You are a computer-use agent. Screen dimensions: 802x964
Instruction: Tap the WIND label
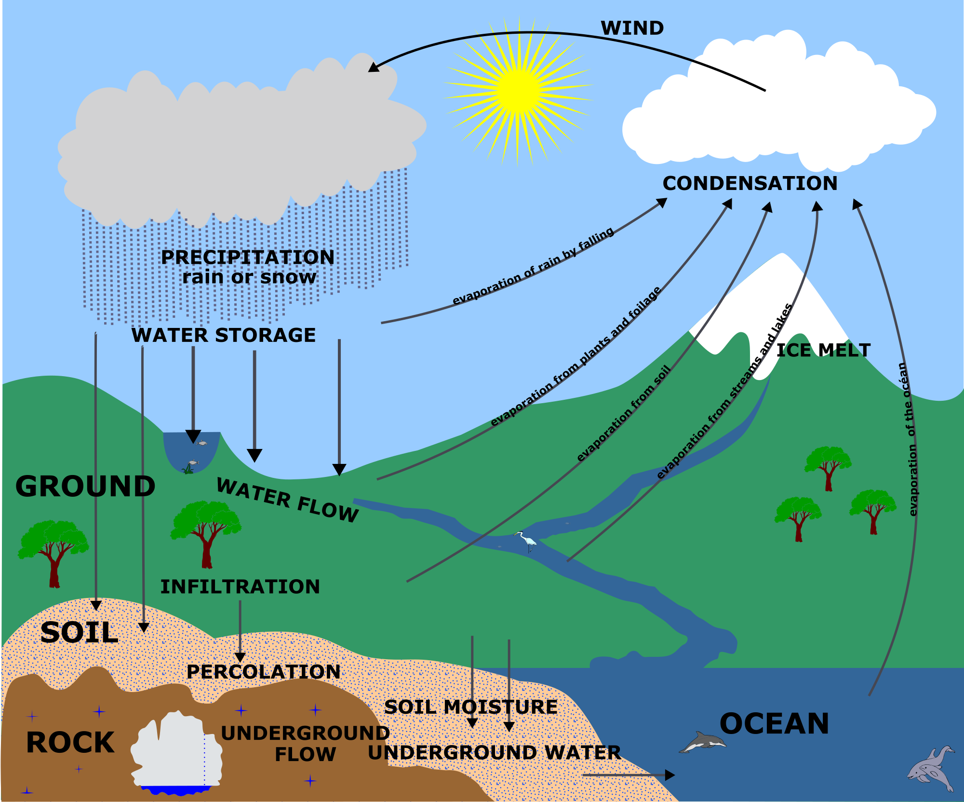[x=632, y=28]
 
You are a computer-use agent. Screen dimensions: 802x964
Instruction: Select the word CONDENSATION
[x=750, y=183]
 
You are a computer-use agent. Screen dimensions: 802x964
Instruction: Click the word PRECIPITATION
[x=248, y=257]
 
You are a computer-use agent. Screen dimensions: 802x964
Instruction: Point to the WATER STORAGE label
[x=224, y=335]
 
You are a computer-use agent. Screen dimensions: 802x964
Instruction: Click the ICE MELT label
[x=823, y=350]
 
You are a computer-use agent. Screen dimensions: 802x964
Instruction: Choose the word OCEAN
[x=774, y=723]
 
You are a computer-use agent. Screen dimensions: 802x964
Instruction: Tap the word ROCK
[x=70, y=742]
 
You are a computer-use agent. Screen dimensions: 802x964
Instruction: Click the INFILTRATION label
[x=240, y=586]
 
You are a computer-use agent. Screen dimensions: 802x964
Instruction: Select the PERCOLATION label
[x=263, y=672]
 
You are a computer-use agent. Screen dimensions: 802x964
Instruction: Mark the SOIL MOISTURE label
[x=470, y=707]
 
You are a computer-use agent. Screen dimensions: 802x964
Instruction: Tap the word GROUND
[x=85, y=486]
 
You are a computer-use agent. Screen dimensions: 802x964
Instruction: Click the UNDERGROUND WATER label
[x=494, y=752]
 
